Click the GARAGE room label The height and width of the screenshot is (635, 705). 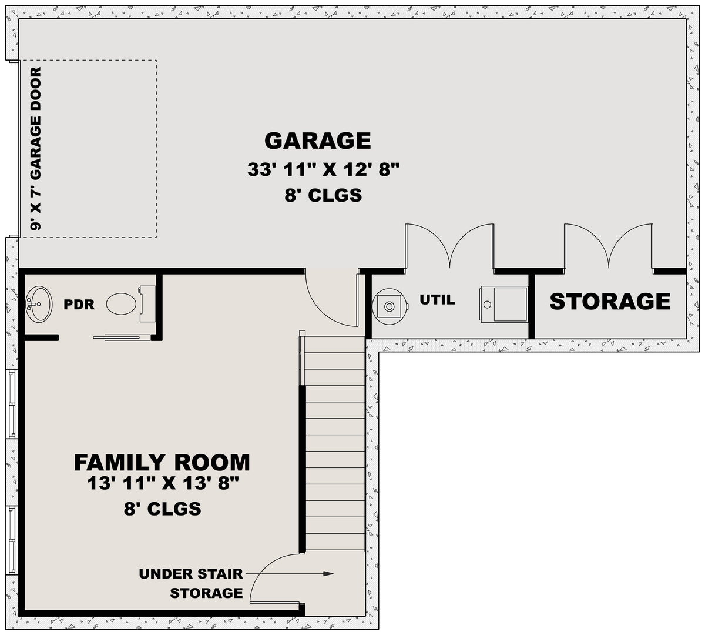coord(317,141)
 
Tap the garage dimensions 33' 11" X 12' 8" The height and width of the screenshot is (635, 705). coord(323,170)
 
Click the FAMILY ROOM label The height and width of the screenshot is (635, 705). coord(162,462)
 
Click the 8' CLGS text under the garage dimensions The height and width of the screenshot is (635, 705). coord(323,195)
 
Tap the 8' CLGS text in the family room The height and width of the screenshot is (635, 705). coord(162,509)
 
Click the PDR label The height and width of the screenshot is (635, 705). coord(79,305)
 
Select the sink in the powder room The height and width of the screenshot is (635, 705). coord(39,303)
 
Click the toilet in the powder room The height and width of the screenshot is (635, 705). coord(122,304)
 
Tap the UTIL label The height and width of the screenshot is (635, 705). coord(437,300)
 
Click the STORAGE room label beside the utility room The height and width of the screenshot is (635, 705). coord(609,301)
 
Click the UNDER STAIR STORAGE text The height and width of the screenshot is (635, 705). coord(191,583)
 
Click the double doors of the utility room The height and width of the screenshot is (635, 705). coord(449,247)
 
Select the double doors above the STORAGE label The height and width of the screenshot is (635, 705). coord(609,247)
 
